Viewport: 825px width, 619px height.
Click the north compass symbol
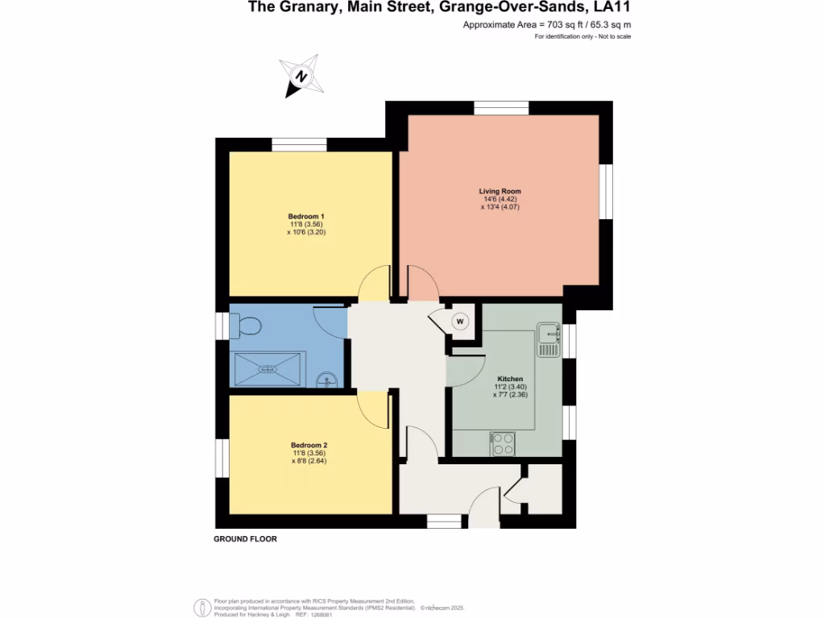click(301, 77)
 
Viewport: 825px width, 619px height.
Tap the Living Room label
click(500, 191)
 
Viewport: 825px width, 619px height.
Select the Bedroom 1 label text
click(306, 216)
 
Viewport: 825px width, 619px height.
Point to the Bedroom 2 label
click(309, 445)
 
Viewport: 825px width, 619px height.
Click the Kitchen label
click(510, 379)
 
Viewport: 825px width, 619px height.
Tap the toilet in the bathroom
click(245, 326)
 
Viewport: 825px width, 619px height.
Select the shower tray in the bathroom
click(269, 369)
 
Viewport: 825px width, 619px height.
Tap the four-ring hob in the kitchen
click(503, 443)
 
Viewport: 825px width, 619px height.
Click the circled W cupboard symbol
click(460, 322)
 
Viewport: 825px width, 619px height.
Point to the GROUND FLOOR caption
click(245, 539)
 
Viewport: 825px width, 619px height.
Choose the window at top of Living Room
click(500, 108)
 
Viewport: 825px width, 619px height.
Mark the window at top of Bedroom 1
click(299, 145)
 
